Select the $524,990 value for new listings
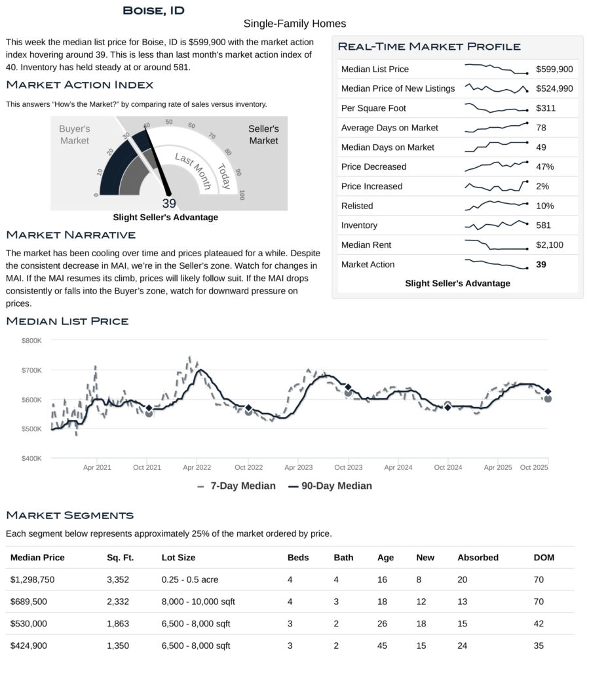click(554, 88)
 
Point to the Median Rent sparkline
click(496, 245)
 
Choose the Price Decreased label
click(373, 166)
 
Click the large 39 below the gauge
click(169, 203)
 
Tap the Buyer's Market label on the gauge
click(75, 135)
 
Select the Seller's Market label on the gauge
click(263, 135)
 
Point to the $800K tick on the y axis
click(31, 341)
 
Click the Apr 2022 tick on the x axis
click(197, 467)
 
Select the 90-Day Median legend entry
click(330, 486)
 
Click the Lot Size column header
click(178, 558)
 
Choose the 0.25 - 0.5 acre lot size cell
click(193, 579)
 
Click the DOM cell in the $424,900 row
click(539, 646)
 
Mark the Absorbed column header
click(478, 558)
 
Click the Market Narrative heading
click(71, 235)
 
